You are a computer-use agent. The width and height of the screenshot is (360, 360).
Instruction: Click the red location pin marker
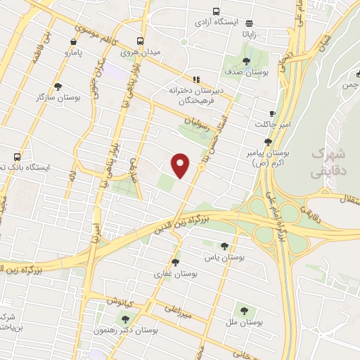181,165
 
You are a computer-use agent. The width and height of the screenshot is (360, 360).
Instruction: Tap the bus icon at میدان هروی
141,41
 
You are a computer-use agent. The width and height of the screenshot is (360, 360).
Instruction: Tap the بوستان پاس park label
224,258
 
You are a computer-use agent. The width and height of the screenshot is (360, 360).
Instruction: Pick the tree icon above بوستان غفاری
175,262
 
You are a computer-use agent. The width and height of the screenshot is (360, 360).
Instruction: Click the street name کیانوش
121,300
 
